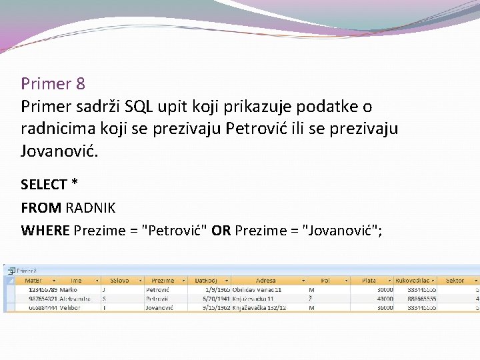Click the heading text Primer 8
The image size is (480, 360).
53,84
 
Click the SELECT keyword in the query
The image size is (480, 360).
44,185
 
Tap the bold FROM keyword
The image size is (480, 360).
41,208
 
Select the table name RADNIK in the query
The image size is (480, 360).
90,208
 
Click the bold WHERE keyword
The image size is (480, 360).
45,231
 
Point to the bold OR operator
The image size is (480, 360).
221,231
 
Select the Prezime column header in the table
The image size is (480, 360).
163,281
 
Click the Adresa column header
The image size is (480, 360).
265,281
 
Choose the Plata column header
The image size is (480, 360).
369,281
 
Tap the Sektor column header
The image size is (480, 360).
455,281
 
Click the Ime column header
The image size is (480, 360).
76,281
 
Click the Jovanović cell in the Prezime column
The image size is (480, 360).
161,308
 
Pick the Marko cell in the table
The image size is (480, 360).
68,290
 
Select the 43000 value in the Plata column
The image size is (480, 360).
385,299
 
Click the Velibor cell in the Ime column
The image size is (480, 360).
70,308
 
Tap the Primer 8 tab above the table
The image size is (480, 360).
27,271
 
